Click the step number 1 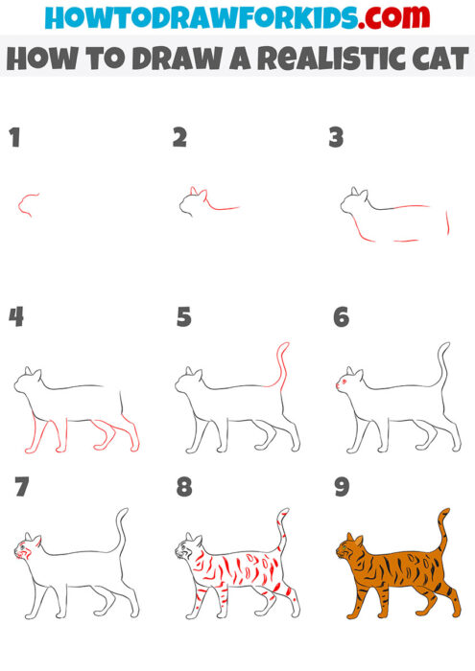tap(14, 138)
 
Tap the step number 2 tap(179, 138)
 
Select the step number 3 tap(336, 138)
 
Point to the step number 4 tap(15, 316)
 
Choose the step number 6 tap(342, 316)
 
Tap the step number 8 tap(184, 487)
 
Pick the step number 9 tap(342, 487)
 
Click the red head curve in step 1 tap(27, 202)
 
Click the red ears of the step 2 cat tap(197, 192)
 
